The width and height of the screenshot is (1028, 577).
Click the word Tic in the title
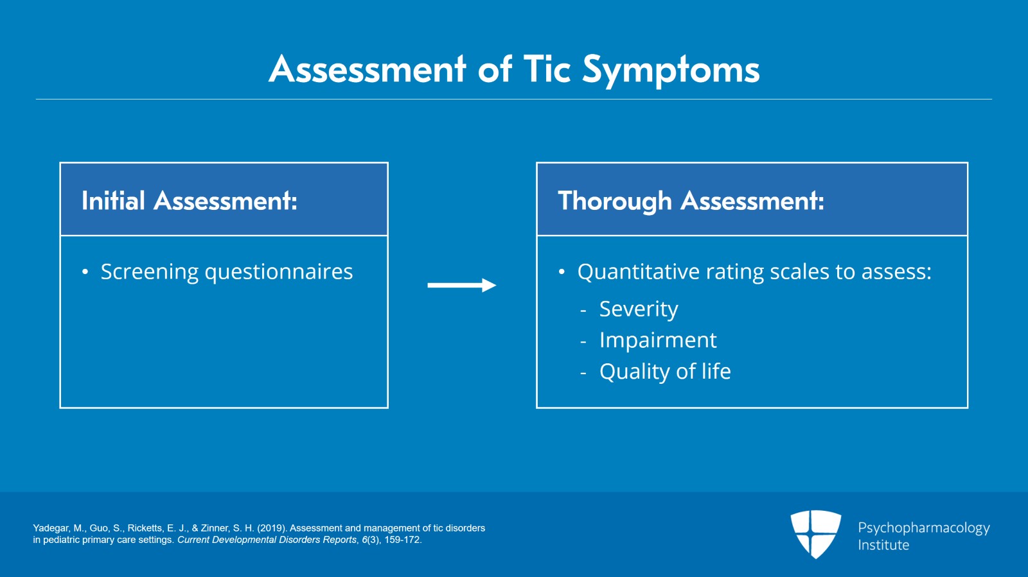[547, 69]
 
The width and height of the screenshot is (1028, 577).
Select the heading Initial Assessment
[190, 201]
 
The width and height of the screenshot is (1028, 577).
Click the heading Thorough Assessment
[691, 201]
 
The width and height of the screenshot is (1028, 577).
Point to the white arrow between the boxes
[461, 285]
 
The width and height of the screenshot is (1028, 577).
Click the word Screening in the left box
[150, 272]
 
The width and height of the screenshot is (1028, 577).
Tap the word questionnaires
[279, 272]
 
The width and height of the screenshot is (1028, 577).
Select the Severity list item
[639, 309]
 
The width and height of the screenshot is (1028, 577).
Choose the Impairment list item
[658, 340]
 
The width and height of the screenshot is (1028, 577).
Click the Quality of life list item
[665, 372]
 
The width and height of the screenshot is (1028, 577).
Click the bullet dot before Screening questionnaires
[85, 273]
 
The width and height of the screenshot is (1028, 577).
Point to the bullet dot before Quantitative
[562, 273]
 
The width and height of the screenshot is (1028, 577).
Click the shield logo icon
[815, 533]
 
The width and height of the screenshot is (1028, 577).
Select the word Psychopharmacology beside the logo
[923, 528]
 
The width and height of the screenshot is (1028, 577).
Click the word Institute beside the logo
[883, 545]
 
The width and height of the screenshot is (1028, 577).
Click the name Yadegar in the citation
[50, 528]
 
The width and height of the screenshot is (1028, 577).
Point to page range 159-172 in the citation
[402, 540]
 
